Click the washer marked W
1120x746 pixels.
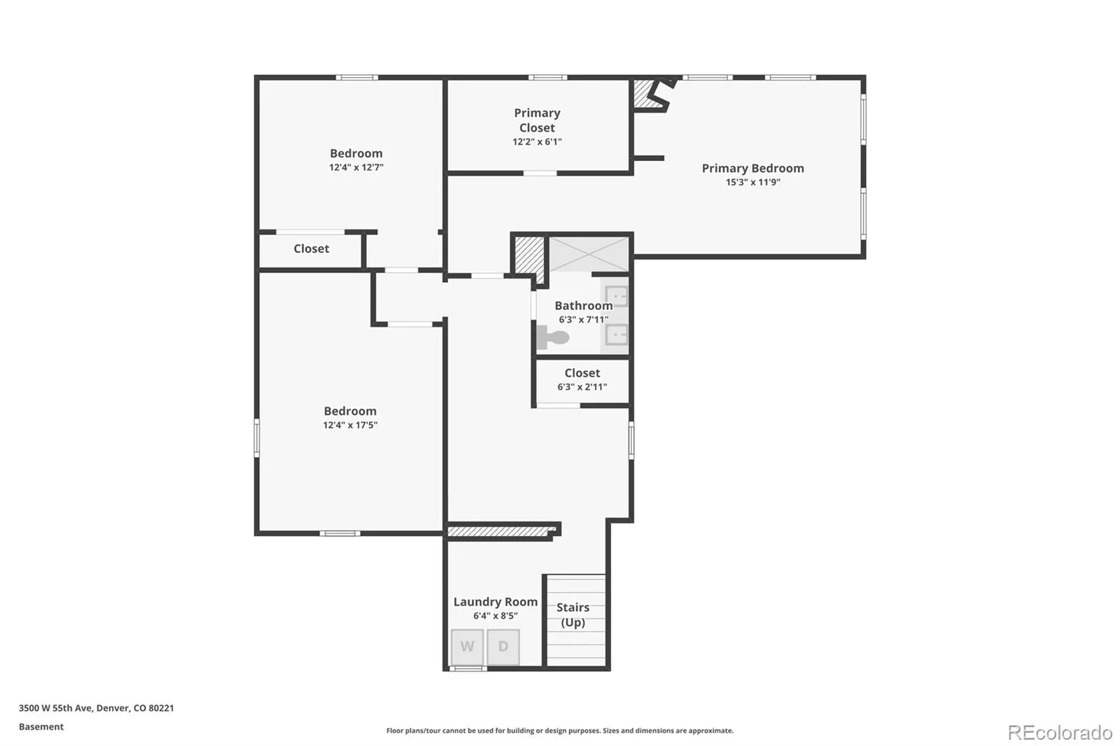point(467,647)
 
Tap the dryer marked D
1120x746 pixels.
point(503,647)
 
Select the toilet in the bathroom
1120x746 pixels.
point(552,337)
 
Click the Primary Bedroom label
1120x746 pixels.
point(752,169)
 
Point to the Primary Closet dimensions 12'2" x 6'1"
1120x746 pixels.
point(537,141)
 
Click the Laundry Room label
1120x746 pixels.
point(496,602)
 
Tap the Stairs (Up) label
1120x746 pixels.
point(573,615)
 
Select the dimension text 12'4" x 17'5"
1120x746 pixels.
point(350,425)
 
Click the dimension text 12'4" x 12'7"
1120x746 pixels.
point(356,167)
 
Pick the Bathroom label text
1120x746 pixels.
point(584,306)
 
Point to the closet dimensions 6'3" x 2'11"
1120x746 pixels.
point(582,386)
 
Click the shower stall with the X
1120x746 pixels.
point(589,254)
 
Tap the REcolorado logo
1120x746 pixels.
point(1060,733)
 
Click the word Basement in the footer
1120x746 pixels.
point(41,726)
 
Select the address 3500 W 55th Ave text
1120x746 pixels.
point(55,708)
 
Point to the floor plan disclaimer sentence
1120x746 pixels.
point(559,731)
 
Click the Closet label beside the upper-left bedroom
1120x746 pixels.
point(311,248)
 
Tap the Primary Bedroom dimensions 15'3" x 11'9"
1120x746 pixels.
point(752,182)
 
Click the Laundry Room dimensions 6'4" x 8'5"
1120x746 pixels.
point(496,616)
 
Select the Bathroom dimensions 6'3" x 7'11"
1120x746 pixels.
point(584,319)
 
